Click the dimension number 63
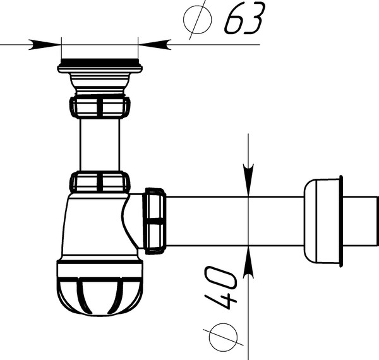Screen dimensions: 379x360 click(244, 18)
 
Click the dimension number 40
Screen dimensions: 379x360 click(220, 287)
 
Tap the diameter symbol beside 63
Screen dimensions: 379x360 click(197, 20)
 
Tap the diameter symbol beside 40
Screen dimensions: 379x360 click(223, 337)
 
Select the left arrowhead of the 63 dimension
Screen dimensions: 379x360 click(45, 45)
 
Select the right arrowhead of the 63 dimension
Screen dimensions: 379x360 click(155, 45)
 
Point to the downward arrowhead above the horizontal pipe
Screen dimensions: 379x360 click(248, 180)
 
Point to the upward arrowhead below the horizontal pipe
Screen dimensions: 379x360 click(248, 262)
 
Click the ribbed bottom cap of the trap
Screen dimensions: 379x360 click(100, 288)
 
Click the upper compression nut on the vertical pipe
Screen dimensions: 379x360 click(100, 107)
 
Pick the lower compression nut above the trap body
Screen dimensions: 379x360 click(100, 182)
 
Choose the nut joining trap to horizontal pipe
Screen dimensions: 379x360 click(155, 221)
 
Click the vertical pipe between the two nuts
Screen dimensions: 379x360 click(100, 145)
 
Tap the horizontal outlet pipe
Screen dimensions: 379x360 click(235, 221)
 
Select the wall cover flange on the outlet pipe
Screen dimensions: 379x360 click(323, 221)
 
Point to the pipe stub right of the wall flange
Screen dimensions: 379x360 click(360, 221)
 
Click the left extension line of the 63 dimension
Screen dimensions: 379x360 click(62, 48)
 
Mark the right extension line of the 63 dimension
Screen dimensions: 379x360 click(138, 48)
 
